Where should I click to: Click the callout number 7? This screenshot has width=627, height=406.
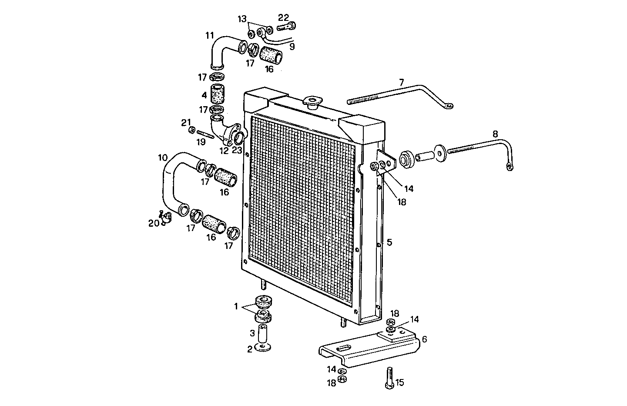(401, 82)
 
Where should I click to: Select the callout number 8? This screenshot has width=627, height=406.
(495, 134)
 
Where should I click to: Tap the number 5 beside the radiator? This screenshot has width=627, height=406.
(389, 242)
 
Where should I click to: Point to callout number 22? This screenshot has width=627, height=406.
(283, 17)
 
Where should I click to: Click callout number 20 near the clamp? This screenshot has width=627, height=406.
(153, 223)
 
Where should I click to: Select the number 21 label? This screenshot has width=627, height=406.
(186, 122)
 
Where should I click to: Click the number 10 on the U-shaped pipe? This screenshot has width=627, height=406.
(162, 157)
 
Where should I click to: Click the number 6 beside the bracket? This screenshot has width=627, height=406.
(424, 339)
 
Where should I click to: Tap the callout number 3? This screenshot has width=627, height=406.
(252, 333)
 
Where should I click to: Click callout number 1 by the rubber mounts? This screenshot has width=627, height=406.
(236, 306)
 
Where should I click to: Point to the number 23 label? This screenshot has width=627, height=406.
(237, 151)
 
